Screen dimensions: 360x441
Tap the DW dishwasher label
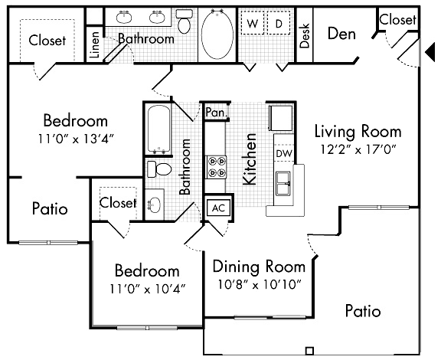(283, 154)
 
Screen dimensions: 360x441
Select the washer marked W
(252, 24)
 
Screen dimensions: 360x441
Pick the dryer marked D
(278, 24)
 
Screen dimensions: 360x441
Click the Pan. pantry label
(216, 113)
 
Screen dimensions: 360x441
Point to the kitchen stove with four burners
(216, 167)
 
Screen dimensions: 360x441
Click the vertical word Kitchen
(250, 159)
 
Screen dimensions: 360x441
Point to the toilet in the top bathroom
(184, 21)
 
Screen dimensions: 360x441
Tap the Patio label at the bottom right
(363, 311)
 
